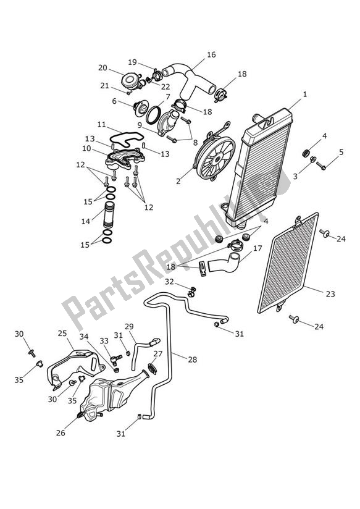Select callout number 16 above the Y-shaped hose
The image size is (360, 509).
(211, 55)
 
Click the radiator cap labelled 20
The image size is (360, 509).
(130, 80)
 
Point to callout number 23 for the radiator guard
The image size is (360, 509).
(330, 294)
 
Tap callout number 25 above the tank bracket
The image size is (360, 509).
(62, 334)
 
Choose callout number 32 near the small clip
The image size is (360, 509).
(169, 282)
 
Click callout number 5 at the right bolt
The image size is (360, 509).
(341, 152)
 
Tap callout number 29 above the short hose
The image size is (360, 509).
(129, 326)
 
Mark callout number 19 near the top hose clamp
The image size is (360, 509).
(132, 62)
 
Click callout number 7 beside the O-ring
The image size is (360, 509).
(167, 97)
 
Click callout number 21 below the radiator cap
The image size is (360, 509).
(104, 86)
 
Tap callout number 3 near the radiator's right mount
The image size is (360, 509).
(295, 177)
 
